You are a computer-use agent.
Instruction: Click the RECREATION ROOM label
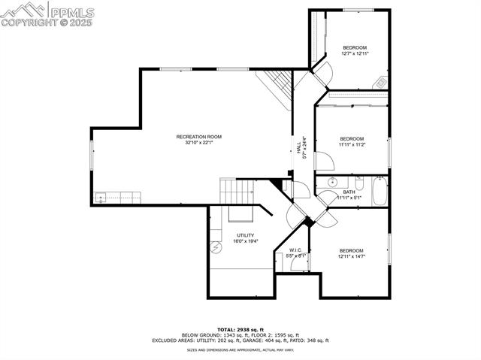199,137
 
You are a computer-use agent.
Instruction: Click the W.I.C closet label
296,250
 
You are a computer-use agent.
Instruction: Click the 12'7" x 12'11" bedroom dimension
354,53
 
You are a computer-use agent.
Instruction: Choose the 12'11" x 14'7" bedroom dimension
351,257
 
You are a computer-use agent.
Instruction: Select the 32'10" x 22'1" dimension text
199,143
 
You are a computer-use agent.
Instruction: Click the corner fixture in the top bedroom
381,82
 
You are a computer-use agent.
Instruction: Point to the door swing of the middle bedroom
323,161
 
